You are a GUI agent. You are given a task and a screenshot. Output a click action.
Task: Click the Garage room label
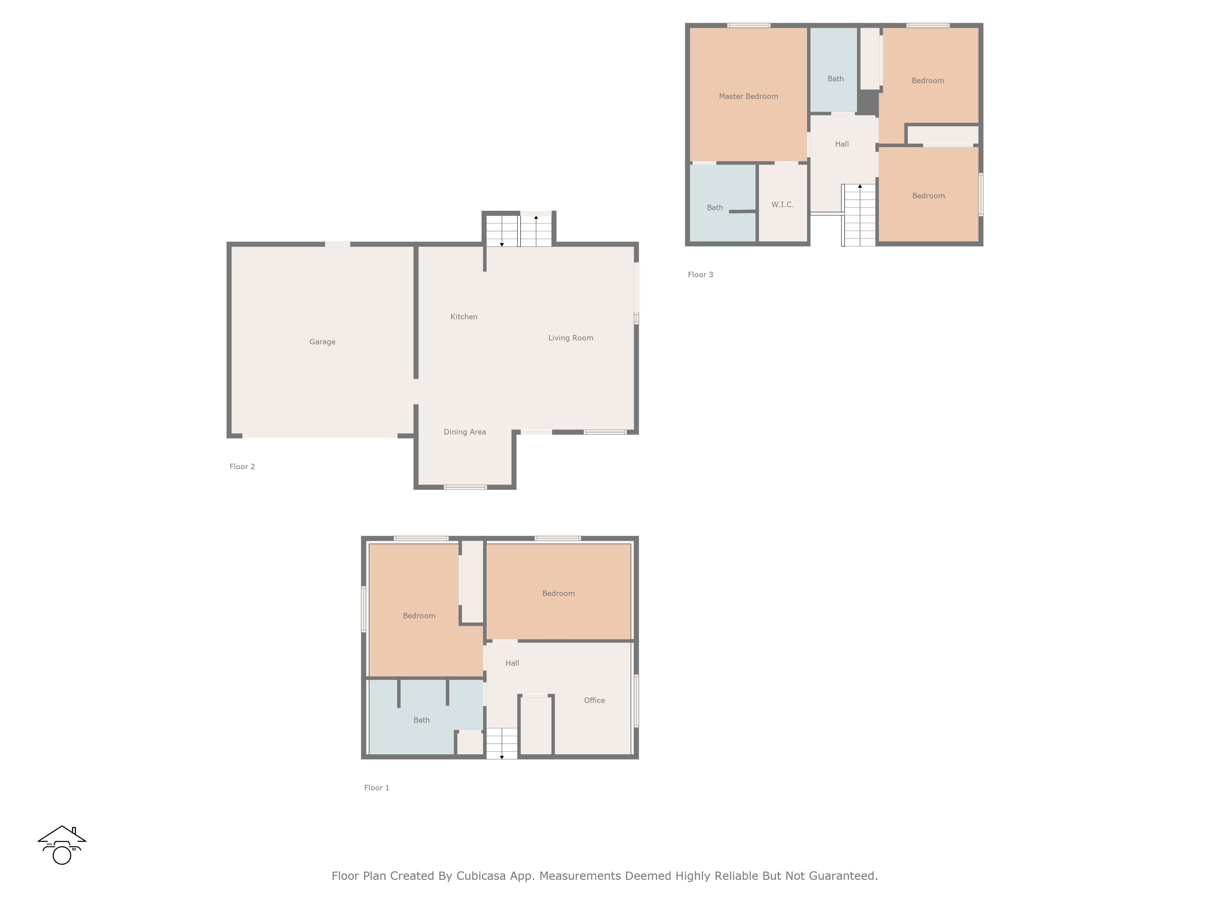pyautogui.click(x=322, y=342)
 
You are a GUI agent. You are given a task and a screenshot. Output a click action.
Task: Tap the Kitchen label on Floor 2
pyautogui.click(x=464, y=317)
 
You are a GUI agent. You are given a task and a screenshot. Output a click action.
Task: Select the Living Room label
pyautogui.click(x=571, y=338)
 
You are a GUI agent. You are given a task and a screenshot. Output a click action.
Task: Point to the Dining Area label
pyautogui.click(x=464, y=432)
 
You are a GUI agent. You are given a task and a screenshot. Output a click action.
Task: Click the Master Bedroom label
pyautogui.click(x=748, y=96)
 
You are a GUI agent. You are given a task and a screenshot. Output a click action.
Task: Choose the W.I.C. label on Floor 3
pyautogui.click(x=782, y=204)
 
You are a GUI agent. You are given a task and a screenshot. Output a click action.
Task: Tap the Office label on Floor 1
pyautogui.click(x=594, y=700)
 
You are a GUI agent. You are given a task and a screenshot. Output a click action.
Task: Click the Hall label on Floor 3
pyautogui.click(x=842, y=144)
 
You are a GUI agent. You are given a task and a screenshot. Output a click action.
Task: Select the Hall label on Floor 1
pyautogui.click(x=512, y=663)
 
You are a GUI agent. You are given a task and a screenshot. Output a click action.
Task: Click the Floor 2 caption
pyautogui.click(x=242, y=466)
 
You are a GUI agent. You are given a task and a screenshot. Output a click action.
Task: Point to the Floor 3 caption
pyautogui.click(x=700, y=275)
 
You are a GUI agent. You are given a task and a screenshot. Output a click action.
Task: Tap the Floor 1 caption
pyautogui.click(x=376, y=788)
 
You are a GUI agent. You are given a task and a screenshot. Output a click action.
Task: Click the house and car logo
pyautogui.click(x=62, y=845)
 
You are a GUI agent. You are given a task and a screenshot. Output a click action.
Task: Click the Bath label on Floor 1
pyautogui.click(x=421, y=720)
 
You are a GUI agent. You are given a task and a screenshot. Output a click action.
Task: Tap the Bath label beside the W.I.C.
pyautogui.click(x=715, y=208)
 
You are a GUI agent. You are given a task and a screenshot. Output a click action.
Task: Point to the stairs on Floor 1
pyautogui.click(x=502, y=743)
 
